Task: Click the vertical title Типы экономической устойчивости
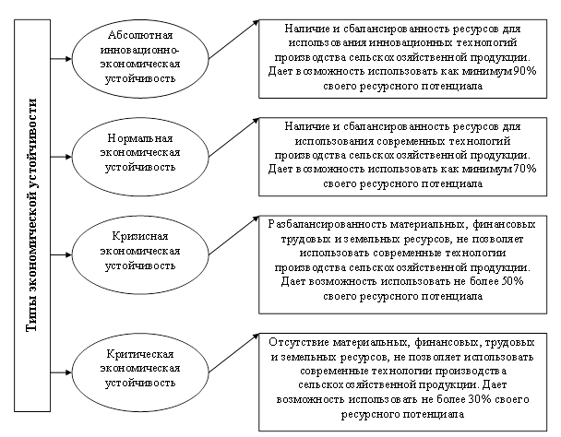pyautogui.click(x=32, y=215)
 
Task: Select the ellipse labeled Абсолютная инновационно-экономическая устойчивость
pyautogui.click(x=140, y=19)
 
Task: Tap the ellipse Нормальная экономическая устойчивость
pyautogui.click(x=140, y=118)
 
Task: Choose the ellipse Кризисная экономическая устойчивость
pyautogui.click(x=140, y=216)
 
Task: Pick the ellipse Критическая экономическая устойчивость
pyautogui.click(x=140, y=334)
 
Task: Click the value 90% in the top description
pyautogui.click(x=525, y=71)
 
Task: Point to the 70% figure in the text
pyautogui.click(x=525, y=169)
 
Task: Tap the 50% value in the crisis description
pyautogui.click(x=513, y=281)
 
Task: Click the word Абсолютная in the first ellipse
pyautogui.click(x=140, y=35)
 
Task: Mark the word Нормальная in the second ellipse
pyautogui.click(x=140, y=138)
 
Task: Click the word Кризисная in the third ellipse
pyautogui.click(x=140, y=236)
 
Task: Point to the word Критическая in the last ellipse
pyautogui.click(x=140, y=354)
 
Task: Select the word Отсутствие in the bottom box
pyautogui.click(x=299, y=342)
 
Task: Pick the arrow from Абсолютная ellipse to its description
pyautogui.click(x=233, y=40)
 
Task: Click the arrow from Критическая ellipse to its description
pyautogui.click(x=233, y=353)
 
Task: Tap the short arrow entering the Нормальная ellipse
pyautogui.click(x=61, y=157)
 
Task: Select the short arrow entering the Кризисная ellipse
pyautogui.click(x=61, y=255)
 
